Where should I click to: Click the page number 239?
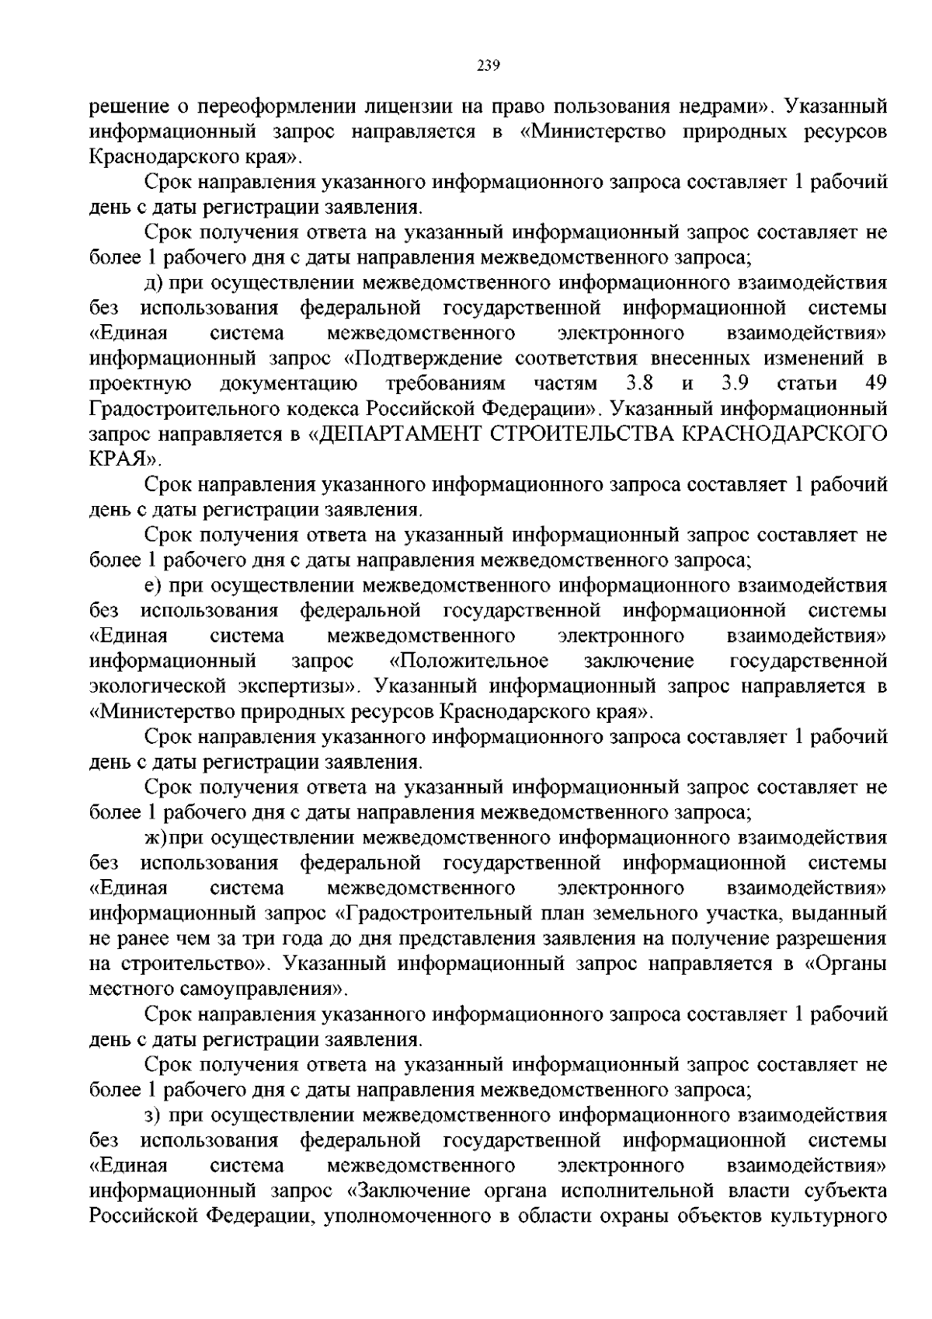[x=486, y=65]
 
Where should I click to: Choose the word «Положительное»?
[x=468, y=661]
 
